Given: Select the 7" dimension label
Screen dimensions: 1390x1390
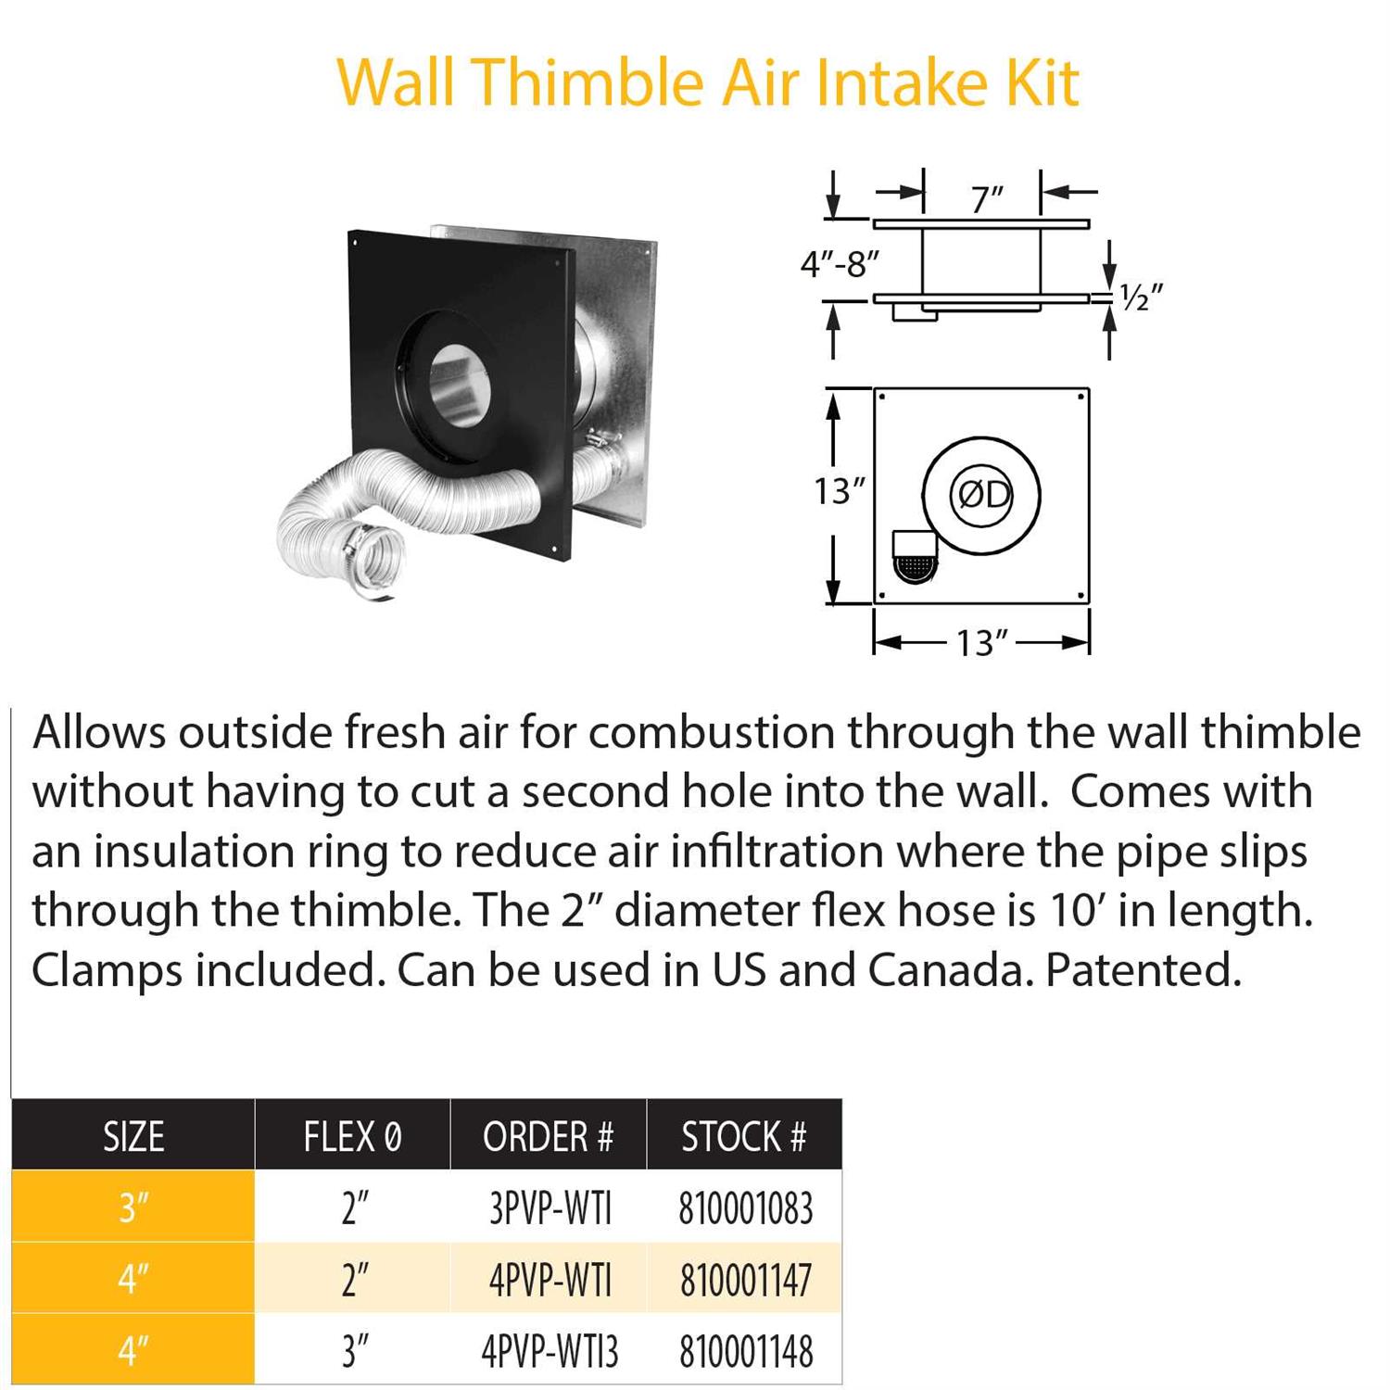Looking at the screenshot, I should (x=987, y=198).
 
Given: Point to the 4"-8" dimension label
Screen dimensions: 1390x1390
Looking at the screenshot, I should (x=839, y=265).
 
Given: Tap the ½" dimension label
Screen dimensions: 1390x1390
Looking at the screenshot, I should (x=1141, y=297).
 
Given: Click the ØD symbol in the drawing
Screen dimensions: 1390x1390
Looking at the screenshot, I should (x=982, y=495).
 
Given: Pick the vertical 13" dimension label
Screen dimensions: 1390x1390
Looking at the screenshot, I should (x=839, y=491).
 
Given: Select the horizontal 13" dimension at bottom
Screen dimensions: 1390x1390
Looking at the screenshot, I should (x=981, y=642).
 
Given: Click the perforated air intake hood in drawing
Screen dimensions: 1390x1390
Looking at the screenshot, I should (x=915, y=558).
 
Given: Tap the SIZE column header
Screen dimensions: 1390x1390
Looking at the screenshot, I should (x=133, y=1136).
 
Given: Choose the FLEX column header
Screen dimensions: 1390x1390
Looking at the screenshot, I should (x=352, y=1136).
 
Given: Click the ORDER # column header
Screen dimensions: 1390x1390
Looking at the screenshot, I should (x=548, y=1136).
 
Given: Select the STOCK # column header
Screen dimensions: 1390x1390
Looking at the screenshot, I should (x=744, y=1136).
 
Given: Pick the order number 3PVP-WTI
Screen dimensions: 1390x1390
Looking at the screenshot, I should (x=550, y=1208).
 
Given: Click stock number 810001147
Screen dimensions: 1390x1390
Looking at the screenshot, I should (x=746, y=1281).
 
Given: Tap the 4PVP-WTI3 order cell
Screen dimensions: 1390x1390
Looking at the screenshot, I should (x=550, y=1351).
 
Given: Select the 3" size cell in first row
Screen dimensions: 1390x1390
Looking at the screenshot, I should (x=133, y=1208).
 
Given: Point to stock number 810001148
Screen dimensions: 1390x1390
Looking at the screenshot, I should (x=746, y=1351).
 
